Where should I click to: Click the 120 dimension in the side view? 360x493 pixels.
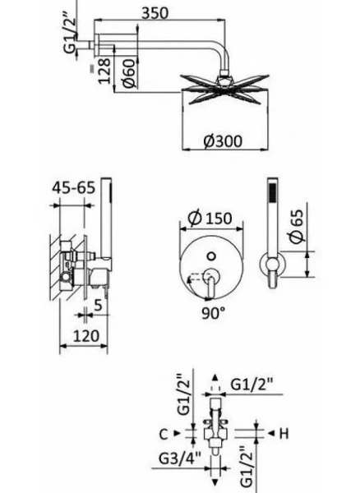click(x=83, y=335)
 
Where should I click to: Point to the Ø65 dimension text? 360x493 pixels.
click(x=298, y=226)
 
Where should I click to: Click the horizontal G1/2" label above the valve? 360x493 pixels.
click(x=254, y=383)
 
